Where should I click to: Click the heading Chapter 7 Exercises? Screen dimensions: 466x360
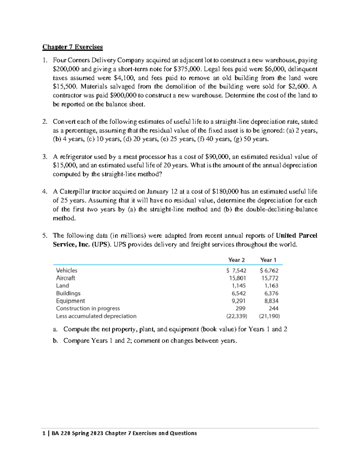(x=72, y=47)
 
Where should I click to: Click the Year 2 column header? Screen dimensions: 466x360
(x=236, y=260)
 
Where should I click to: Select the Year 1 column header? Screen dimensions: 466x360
(x=268, y=260)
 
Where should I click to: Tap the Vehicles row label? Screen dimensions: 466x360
(x=67, y=270)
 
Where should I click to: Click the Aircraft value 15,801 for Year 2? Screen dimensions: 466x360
(x=238, y=278)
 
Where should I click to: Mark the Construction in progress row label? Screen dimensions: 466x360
(x=88, y=308)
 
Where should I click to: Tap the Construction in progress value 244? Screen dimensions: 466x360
(x=273, y=308)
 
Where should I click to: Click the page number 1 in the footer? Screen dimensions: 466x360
(x=44, y=433)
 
